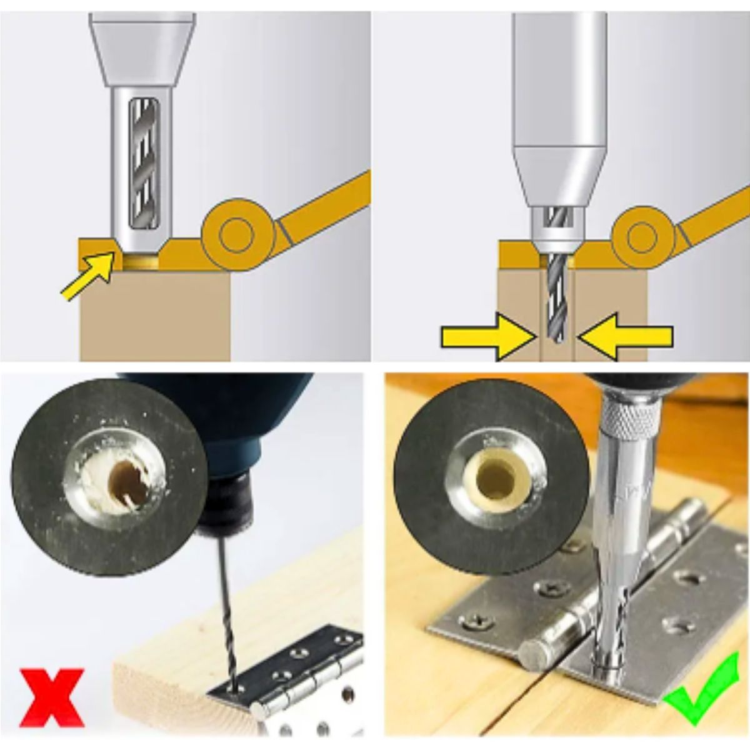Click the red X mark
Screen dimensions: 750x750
click(x=51, y=696)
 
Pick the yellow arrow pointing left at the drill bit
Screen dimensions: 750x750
click(x=625, y=337)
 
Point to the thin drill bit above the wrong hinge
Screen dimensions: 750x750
click(x=225, y=612)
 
